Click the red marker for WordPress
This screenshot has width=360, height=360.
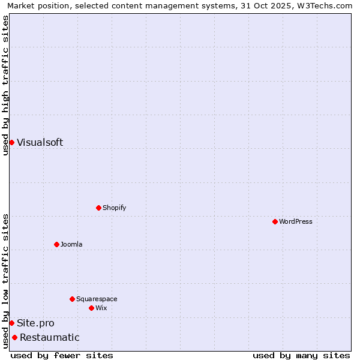(275, 221)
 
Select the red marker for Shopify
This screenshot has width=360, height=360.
(98, 208)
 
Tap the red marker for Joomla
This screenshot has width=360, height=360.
(56, 244)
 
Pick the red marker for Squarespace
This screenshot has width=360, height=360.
(72, 299)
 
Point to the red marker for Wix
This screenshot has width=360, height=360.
(91, 308)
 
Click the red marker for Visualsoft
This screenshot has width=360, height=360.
(11, 142)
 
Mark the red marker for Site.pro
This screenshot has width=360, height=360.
(11, 323)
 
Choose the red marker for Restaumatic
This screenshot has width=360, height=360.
(14, 337)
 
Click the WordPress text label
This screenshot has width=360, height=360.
(296, 221)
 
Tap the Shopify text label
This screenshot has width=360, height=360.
(114, 208)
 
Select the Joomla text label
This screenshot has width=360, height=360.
(71, 244)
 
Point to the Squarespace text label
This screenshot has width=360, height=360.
(97, 299)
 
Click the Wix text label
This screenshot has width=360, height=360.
(101, 308)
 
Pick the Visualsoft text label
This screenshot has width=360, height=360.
(40, 142)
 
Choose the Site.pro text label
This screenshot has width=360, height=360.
(35, 323)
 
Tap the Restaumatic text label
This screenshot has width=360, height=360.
(49, 337)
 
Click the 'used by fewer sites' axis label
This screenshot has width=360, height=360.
(62, 355)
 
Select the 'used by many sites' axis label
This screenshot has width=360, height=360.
(301, 355)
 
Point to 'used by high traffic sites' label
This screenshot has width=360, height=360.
(5, 85)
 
